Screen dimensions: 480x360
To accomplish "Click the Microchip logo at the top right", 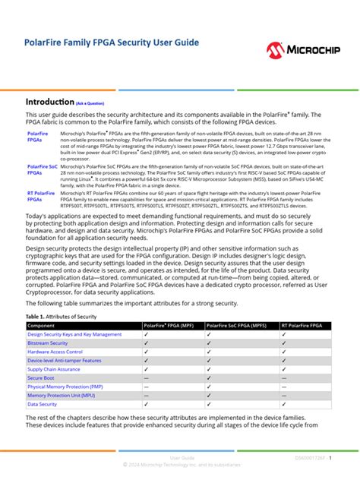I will point(308,50).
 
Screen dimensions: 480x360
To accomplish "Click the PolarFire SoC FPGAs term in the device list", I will point(41,169).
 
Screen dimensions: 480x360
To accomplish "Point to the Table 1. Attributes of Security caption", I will point(62,316).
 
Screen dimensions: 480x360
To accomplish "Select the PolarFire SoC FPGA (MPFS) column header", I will point(240,325).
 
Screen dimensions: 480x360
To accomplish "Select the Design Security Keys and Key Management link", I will point(74,334).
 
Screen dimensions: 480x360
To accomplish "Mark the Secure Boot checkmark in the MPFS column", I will point(209,377).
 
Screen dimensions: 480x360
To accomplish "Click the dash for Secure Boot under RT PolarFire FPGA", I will point(284,377).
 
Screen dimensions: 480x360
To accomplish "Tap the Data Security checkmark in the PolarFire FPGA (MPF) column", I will point(146,404).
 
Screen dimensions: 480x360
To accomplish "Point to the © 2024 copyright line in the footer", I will point(182,464).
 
